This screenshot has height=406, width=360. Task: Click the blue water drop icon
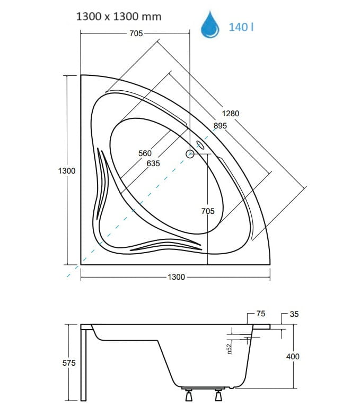tap(210, 25)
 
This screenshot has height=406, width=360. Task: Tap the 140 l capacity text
tap(241, 27)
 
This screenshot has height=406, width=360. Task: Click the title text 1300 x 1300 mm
tap(119, 16)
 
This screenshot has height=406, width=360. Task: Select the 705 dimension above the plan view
tap(136, 33)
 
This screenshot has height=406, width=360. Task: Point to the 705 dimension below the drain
tap(208, 211)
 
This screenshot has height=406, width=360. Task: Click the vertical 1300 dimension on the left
tap(67, 171)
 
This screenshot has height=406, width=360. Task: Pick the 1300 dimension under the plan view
tap(177, 277)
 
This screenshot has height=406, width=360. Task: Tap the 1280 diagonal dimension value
tap(231, 114)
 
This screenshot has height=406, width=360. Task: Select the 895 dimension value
tap(220, 126)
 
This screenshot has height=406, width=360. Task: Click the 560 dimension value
tap(145, 153)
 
